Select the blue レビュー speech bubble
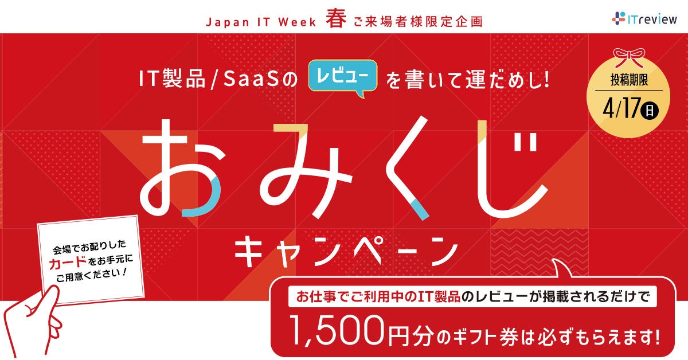[x=344, y=76]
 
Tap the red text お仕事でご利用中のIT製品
[x=378, y=298]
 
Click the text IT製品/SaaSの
[x=217, y=79]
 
